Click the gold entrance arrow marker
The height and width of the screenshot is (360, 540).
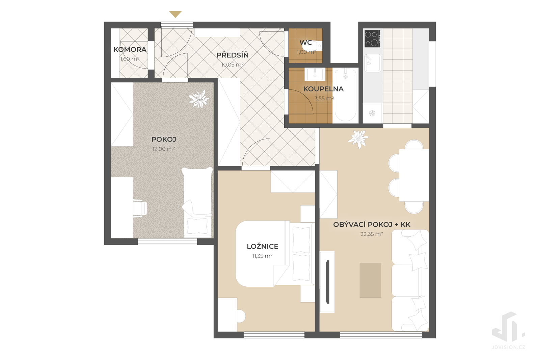click(175, 14)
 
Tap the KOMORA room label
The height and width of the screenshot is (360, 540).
click(130, 49)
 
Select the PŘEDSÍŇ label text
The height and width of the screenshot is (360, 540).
click(233, 55)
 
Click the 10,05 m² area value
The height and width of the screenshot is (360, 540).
click(233, 65)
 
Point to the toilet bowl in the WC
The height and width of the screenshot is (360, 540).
click(318, 46)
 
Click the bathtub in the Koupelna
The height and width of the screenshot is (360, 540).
click(346, 95)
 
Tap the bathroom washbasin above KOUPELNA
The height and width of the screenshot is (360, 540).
click(315, 74)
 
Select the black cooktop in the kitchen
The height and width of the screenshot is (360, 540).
click(372, 38)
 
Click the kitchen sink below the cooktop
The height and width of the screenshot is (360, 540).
click(373, 63)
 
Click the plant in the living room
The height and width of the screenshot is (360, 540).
click(358, 139)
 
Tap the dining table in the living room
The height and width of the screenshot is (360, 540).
click(414, 175)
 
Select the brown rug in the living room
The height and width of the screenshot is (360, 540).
click(371, 280)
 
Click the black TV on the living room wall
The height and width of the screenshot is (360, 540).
click(327, 282)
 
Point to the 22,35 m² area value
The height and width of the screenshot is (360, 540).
click(372, 234)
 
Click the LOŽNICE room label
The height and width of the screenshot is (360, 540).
click(263, 246)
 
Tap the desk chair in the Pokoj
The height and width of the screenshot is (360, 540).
click(140, 208)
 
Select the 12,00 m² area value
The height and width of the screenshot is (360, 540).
click(163, 149)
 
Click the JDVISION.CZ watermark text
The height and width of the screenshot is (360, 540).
click(508, 347)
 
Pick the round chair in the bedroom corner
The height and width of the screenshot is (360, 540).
click(241, 316)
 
